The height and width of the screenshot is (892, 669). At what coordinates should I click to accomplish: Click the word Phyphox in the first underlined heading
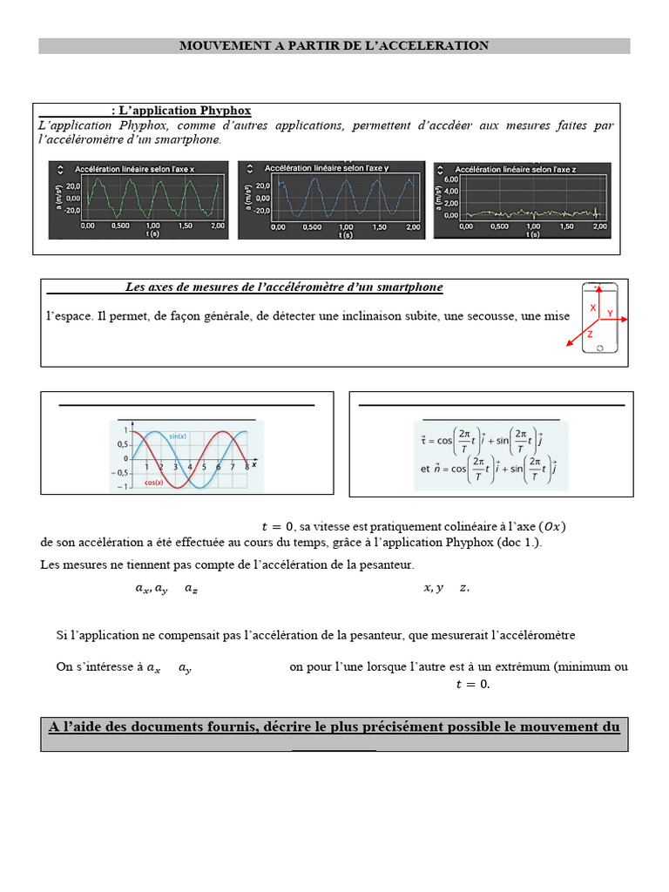pyautogui.click(x=225, y=111)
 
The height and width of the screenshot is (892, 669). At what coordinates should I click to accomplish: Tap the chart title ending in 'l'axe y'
pyautogui.click(x=326, y=167)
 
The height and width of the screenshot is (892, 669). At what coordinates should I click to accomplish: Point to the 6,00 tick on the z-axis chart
pyautogui.click(x=450, y=179)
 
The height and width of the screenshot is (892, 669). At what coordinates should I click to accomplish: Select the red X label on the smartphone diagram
pyautogui.click(x=593, y=307)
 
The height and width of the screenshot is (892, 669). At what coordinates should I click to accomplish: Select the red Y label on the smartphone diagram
pyautogui.click(x=610, y=313)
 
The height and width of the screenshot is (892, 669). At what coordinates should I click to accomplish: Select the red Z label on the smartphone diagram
pyautogui.click(x=590, y=334)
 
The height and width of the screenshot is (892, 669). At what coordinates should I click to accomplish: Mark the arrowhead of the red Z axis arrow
pyautogui.click(x=571, y=348)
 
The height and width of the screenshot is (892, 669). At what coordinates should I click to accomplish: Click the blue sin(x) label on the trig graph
pyautogui.click(x=179, y=436)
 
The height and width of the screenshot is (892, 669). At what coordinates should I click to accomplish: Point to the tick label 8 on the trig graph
pyautogui.click(x=247, y=468)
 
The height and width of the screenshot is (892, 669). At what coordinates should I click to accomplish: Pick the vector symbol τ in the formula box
pyautogui.click(x=423, y=441)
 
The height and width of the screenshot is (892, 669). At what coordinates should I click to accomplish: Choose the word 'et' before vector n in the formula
pyautogui.click(x=425, y=468)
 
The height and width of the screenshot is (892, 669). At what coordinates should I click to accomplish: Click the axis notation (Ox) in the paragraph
pyautogui.click(x=552, y=525)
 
